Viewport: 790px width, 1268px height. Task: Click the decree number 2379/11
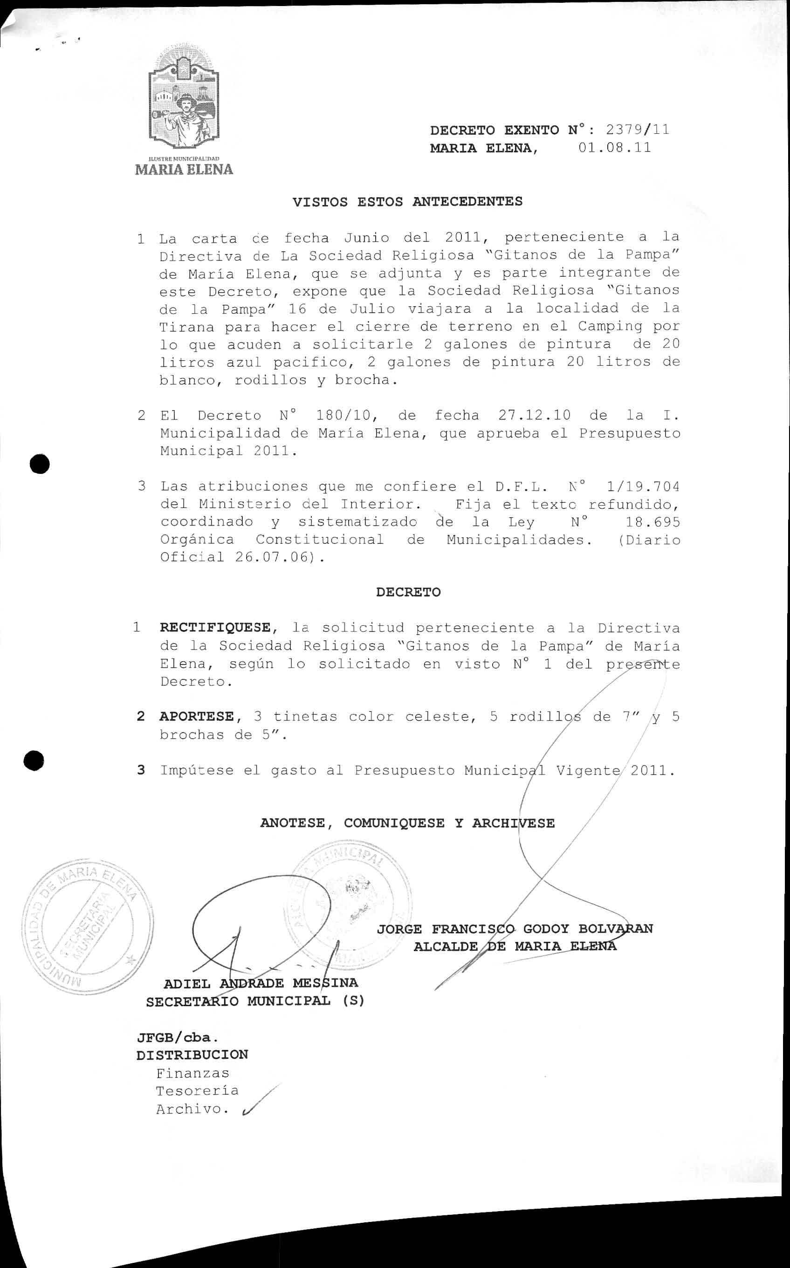637,130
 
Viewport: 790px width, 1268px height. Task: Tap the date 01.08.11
614,148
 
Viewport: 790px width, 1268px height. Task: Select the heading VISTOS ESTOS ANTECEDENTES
407,202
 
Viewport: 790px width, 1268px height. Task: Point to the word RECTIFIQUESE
215,627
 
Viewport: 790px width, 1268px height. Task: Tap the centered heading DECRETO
408,592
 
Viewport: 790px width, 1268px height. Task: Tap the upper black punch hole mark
40,464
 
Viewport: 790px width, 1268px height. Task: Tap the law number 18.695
652,522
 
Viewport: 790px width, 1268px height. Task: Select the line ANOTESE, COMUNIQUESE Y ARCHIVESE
407,823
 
